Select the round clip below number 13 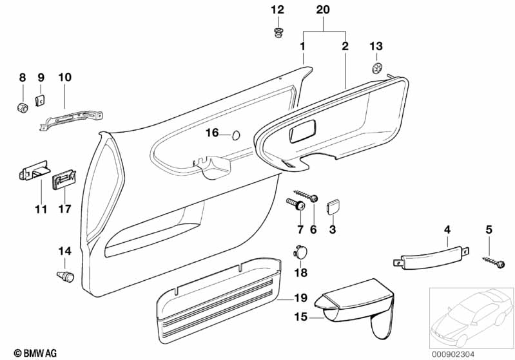(376, 67)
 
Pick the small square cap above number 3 (333, 206)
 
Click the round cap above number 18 (301, 252)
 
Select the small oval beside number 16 (236, 134)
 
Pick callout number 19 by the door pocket (300, 298)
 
